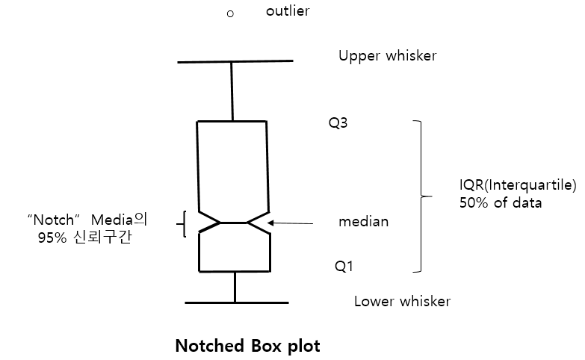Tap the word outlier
tap(287, 12)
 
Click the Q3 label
tap(338, 123)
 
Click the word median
tap(363, 222)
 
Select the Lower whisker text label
tap(402, 302)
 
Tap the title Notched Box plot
tap(247, 347)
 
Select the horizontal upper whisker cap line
tap(235, 61)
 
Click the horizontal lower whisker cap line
tap(236, 302)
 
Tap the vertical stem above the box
tap(232, 90)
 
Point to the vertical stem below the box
tap(235, 287)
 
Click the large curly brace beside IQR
tap(423, 196)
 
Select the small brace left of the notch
tap(182, 223)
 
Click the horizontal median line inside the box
tap(234, 223)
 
